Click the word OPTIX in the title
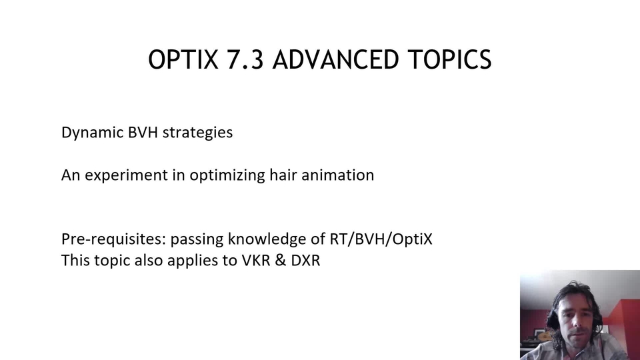(x=183, y=59)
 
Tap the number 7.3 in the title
(x=245, y=59)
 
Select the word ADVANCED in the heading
(x=335, y=59)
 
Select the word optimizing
(x=227, y=175)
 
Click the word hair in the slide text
(x=283, y=175)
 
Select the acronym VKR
(x=256, y=260)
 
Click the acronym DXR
(x=305, y=260)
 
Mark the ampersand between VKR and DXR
(x=281, y=260)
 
